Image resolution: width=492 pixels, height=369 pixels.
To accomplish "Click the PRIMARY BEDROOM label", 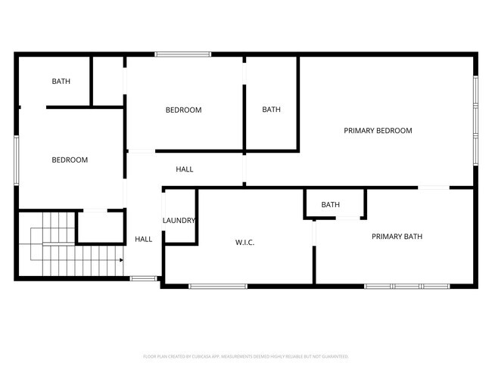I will pyautogui.click(x=378, y=131).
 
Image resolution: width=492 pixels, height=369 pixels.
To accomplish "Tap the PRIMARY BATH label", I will pyautogui.click(x=397, y=237).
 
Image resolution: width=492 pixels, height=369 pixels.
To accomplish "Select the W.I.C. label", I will pyautogui.click(x=244, y=242).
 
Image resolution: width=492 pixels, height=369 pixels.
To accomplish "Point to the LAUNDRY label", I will pyautogui.click(x=179, y=221).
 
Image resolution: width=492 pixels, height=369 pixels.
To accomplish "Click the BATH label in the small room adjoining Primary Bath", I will pyautogui.click(x=330, y=204).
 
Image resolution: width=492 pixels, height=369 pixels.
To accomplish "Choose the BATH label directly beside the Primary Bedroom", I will pyautogui.click(x=271, y=110).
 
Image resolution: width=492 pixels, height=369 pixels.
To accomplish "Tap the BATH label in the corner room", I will pyautogui.click(x=61, y=81).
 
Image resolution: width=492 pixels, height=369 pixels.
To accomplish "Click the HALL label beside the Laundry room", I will pyautogui.click(x=143, y=239).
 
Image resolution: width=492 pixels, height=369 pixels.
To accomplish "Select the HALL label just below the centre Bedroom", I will pyautogui.click(x=184, y=169).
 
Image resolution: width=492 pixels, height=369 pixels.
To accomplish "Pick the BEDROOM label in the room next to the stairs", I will pyautogui.click(x=70, y=160).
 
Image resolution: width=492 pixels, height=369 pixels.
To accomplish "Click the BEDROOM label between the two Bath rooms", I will pyautogui.click(x=183, y=110).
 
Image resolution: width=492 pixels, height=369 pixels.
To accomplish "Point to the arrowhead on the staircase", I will pyautogui.click(x=120, y=260).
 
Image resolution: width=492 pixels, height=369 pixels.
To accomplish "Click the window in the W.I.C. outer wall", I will pyautogui.click(x=217, y=286).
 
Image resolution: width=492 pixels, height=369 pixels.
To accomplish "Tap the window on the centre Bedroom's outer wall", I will pyautogui.click(x=182, y=54).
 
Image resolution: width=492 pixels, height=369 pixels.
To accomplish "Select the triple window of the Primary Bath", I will pyautogui.click(x=406, y=286).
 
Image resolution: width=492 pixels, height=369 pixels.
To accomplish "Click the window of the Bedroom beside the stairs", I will pyautogui.click(x=17, y=160).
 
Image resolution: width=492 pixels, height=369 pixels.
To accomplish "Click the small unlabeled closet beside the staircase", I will pyautogui.click(x=101, y=228).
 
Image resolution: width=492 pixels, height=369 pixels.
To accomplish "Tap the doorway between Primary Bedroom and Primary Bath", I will pyautogui.click(x=434, y=187).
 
